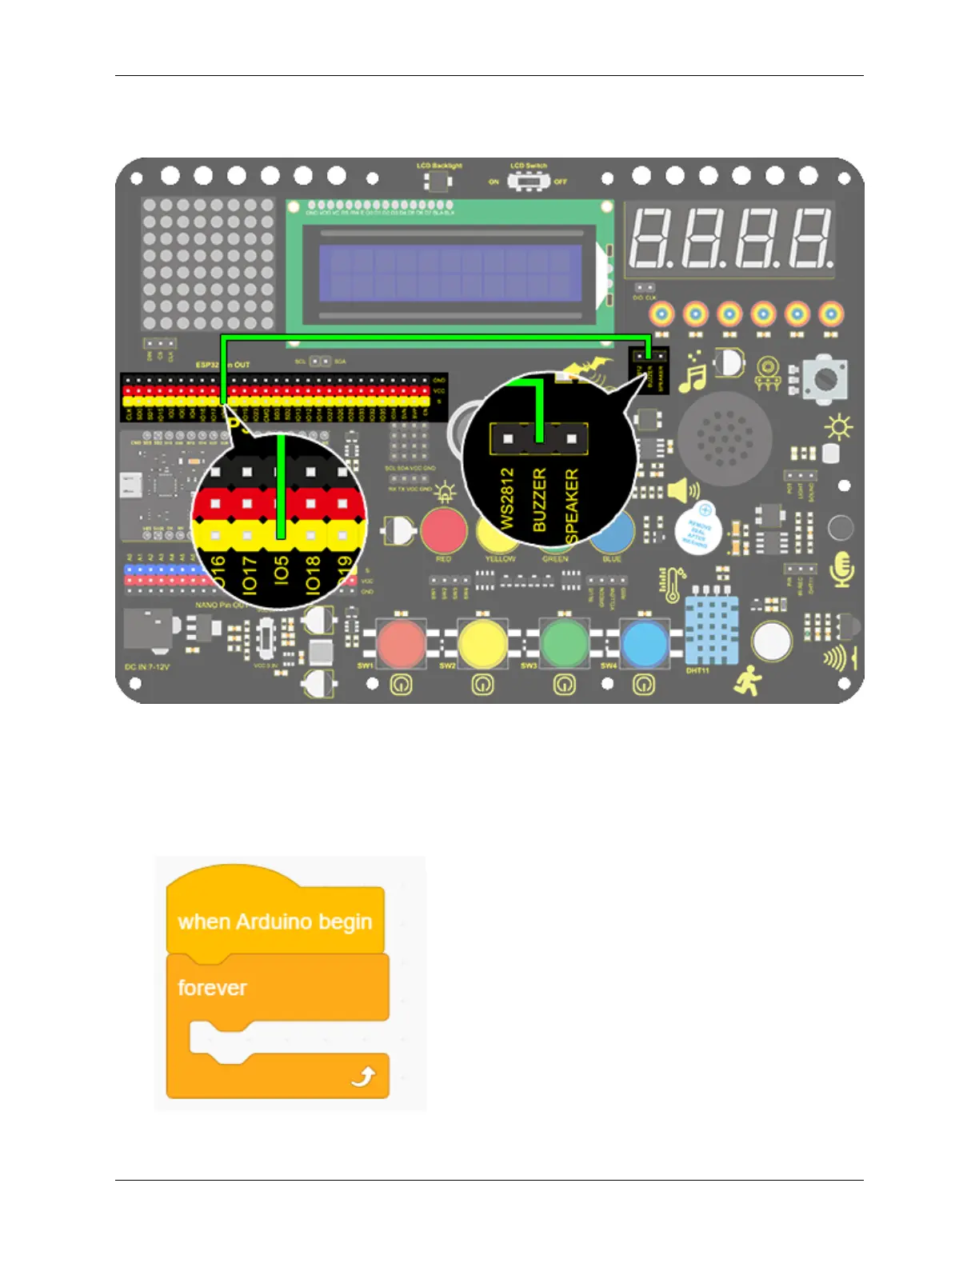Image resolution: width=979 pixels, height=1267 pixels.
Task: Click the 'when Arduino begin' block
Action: pos(274,921)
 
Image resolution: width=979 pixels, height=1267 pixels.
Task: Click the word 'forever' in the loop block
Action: pos(212,988)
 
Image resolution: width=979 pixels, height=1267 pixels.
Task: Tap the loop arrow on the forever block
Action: pos(363,1077)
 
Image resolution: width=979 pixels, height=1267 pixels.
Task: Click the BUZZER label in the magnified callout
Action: pos(540,500)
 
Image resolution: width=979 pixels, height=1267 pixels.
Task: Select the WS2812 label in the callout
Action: pos(507,498)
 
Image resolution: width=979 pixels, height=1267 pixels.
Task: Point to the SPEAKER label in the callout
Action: pos(572,506)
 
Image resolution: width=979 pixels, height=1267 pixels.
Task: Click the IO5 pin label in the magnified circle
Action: pos(281,571)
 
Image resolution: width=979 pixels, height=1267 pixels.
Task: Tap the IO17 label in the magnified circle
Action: pos(250,574)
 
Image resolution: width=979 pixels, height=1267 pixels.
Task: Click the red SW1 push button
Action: pos(400,644)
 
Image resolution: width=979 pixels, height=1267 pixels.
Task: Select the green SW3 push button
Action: pos(564,644)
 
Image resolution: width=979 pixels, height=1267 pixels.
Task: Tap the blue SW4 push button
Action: pos(645,644)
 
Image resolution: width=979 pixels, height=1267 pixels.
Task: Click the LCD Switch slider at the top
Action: pos(527,182)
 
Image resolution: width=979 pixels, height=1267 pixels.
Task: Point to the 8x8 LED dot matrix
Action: pos(208,264)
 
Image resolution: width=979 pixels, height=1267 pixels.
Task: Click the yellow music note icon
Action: pos(692,378)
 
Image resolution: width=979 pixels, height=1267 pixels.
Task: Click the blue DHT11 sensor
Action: pos(711,630)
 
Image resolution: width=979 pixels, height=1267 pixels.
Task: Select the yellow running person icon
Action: pos(749,680)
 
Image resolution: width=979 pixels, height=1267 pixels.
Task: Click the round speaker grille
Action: pos(724,438)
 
